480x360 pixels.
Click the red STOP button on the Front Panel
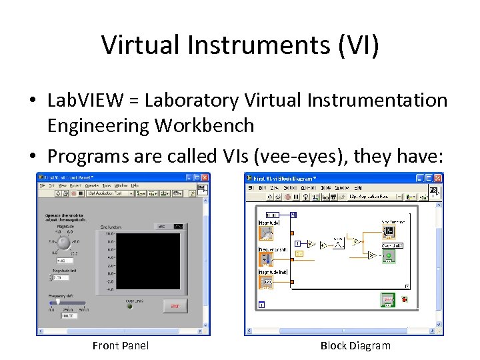tap(175, 306)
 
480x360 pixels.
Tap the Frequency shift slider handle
tap(58, 301)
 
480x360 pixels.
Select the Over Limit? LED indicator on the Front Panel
tap(131, 307)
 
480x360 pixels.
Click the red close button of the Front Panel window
tap(205, 178)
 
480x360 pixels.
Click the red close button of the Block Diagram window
tap(438, 178)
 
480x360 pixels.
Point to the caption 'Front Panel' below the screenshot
tap(121, 345)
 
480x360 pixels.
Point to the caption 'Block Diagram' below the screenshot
tap(355, 345)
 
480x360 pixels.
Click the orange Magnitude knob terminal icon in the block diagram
tap(266, 233)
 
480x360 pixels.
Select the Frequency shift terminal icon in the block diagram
tap(266, 258)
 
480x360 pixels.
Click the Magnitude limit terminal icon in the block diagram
tap(266, 282)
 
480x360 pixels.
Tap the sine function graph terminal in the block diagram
tap(389, 232)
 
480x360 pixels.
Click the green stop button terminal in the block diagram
tap(387, 301)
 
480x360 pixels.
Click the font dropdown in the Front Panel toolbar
tap(109, 193)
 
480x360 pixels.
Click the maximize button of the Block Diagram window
tap(429, 178)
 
